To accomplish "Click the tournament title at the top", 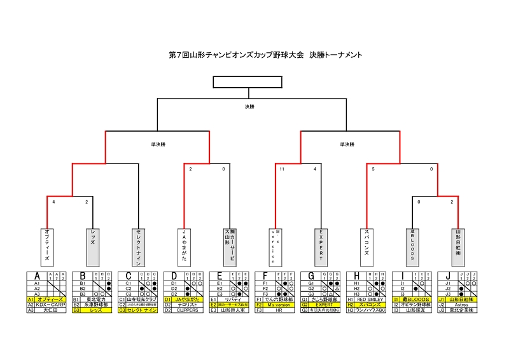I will (x=266, y=55).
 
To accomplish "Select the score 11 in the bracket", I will (x=280, y=169).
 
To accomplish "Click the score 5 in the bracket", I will (x=373, y=169).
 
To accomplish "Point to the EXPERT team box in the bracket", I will (x=322, y=246).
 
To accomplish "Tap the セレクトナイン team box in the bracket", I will (x=137, y=246).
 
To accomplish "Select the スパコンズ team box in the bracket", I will (x=366, y=246).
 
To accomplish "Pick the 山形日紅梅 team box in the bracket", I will (x=458, y=246).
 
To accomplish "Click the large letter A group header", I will (x=37, y=276).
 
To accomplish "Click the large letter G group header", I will (x=312, y=276).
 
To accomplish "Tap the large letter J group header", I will (x=449, y=276).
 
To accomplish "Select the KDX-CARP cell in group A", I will (x=51, y=305).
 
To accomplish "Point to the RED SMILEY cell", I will (x=371, y=299).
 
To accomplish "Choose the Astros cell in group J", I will (x=463, y=305).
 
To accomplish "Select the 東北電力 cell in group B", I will (x=97, y=299).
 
